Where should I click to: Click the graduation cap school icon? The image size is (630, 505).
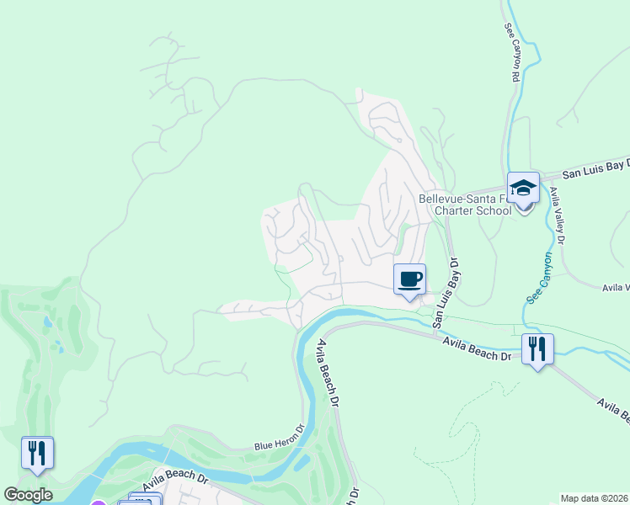(523, 188)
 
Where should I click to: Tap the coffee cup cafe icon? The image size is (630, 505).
(409, 279)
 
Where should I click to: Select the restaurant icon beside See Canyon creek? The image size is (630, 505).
(537, 348)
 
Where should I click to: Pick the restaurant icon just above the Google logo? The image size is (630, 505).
(37, 453)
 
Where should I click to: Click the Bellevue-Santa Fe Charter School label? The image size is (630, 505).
(465, 205)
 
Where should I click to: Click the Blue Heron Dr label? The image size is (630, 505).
(278, 439)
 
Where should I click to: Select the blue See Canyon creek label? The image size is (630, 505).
(540, 279)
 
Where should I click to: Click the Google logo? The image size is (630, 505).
(28, 495)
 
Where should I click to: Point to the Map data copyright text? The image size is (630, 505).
(595, 498)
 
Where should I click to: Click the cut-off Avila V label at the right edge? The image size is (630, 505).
(616, 288)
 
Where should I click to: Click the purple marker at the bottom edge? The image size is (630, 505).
(99, 502)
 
